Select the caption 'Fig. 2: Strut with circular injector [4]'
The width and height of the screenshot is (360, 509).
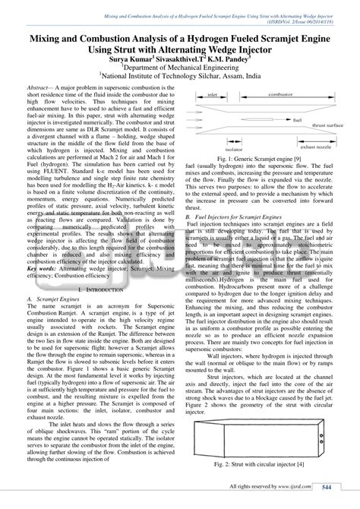pyautogui.click(x=259, y=463)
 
